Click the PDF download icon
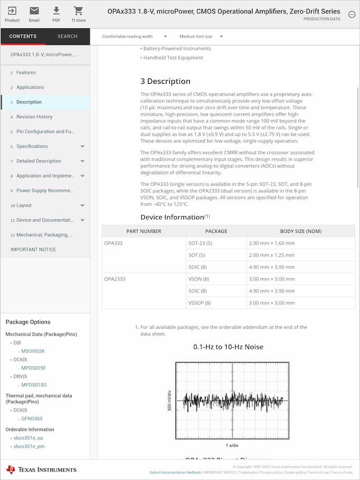pyautogui.click(x=56, y=11)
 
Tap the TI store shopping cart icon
pyautogui.click(x=78, y=11)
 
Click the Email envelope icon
pyautogui.click(x=34, y=11)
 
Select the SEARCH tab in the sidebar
pyautogui.click(x=67, y=36)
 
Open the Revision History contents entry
pyautogui.click(x=34, y=117)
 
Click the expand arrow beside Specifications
pyautogui.click(x=82, y=146)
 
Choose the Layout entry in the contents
pyautogui.click(x=24, y=205)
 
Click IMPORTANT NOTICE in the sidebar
pyautogui.click(x=33, y=250)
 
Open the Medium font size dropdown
pyautogui.click(x=201, y=37)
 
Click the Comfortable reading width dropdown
pyautogui.click(x=134, y=37)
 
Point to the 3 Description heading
pyautogui.click(x=165, y=81)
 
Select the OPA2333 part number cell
pyautogui.click(x=115, y=279)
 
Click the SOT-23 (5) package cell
pyautogui.click(x=200, y=243)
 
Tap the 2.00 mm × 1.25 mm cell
pyautogui.click(x=271, y=256)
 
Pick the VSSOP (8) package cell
pyautogui.click(x=200, y=303)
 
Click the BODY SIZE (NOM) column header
pyautogui.click(x=300, y=231)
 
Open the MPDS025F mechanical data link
pyautogui.click(x=34, y=368)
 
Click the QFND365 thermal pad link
pyautogui.click(x=32, y=419)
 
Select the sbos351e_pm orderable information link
pyautogui.click(x=29, y=446)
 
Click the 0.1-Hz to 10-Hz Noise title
pyautogui.click(x=228, y=347)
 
